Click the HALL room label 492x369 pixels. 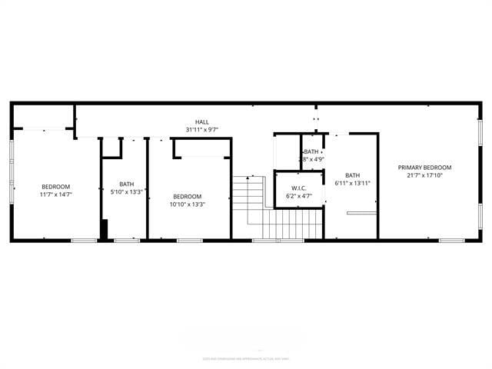tap(201, 122)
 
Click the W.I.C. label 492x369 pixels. tap(299, 188)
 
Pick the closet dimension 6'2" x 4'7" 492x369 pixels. tap(299, 197)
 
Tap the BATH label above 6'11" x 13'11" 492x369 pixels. tap(352, 175)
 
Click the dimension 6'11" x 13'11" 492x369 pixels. tap(352, 183)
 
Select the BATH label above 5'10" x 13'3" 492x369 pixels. tap(126, 184)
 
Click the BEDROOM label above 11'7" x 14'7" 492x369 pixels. tap(55, 187)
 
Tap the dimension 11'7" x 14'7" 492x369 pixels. tap(55, 195)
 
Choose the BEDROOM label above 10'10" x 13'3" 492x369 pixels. tap(187, 196)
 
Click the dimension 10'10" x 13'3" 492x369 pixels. tap(187, 204)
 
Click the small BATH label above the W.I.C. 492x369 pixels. tap(311, 152)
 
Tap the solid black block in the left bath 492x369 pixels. tap(104, 230)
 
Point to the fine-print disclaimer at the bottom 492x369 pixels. tap(246, 358)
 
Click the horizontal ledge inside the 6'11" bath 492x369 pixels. tap(361, 212)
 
